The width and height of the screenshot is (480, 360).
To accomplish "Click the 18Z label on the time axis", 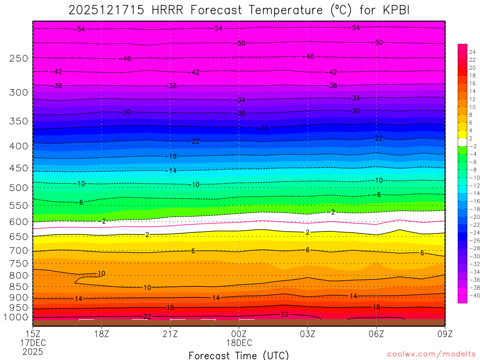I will click(x=101, y=334).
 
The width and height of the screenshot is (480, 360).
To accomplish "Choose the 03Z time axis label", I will click(x=307, y=334).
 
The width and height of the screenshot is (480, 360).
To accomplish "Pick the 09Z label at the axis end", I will click(x=444, y=334).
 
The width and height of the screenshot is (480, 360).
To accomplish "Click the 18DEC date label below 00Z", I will click(x=239, y=343).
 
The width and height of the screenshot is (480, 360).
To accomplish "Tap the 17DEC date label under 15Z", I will click(x=32, y=343).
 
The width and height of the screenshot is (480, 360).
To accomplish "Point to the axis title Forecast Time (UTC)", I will click(x=239, y=355).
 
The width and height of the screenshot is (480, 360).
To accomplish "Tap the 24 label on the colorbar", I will click(x=472, y=52).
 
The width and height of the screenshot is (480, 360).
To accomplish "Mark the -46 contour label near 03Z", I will click(x=309, y=57).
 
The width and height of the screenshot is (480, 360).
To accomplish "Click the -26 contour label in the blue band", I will click(x=264, y=128).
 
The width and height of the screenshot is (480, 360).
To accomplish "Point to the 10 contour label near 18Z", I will click(x=101, y=273).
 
